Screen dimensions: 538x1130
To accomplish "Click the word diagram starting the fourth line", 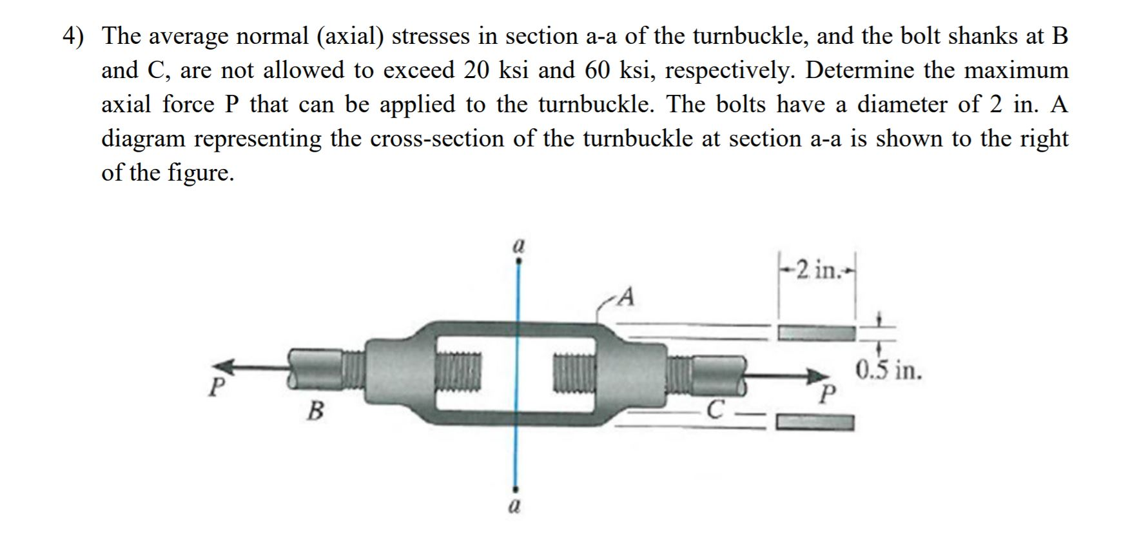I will [142, 139].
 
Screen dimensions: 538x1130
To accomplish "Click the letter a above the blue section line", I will [518, 247].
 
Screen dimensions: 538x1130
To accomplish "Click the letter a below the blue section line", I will [514, 506].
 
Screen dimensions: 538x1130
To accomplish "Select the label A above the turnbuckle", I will [626, 297].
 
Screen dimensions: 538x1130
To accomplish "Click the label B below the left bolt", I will [315, 410].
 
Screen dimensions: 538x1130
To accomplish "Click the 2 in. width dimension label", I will [817, 269].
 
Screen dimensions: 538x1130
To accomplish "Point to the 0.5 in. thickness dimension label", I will [889, 372].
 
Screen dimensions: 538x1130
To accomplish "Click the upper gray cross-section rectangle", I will [817, 334].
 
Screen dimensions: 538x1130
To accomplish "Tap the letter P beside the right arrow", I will [829, 394].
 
